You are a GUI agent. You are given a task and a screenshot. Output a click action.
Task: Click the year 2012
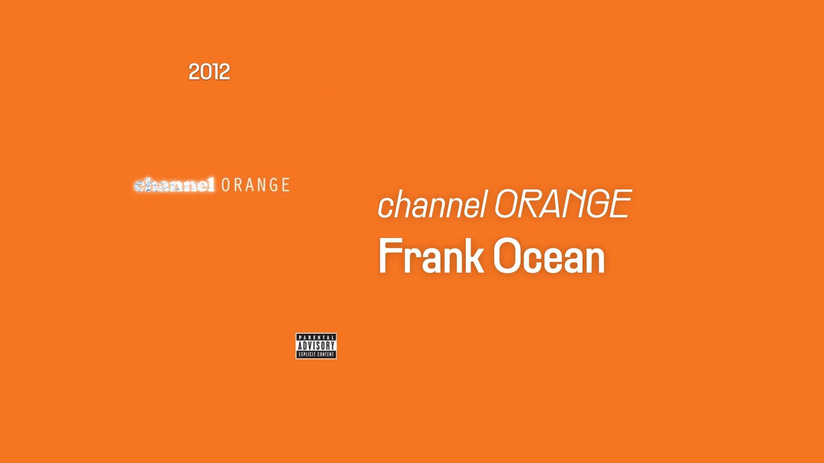209,72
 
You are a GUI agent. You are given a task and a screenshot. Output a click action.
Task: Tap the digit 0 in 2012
204,72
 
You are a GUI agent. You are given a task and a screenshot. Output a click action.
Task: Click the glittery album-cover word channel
174,185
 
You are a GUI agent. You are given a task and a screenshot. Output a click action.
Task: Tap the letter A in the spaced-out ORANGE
251,185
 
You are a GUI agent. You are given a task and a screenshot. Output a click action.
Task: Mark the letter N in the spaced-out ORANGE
262,185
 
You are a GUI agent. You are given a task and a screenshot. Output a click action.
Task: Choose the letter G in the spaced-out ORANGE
274,185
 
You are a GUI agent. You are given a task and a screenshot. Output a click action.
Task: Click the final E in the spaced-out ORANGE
285,185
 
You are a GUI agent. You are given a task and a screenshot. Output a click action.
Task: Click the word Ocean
550,256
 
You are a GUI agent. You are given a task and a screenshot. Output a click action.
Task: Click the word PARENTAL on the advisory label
316,338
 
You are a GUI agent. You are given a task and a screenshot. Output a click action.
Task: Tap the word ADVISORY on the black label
316,346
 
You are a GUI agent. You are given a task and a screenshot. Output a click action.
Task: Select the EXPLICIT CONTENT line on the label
316,355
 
